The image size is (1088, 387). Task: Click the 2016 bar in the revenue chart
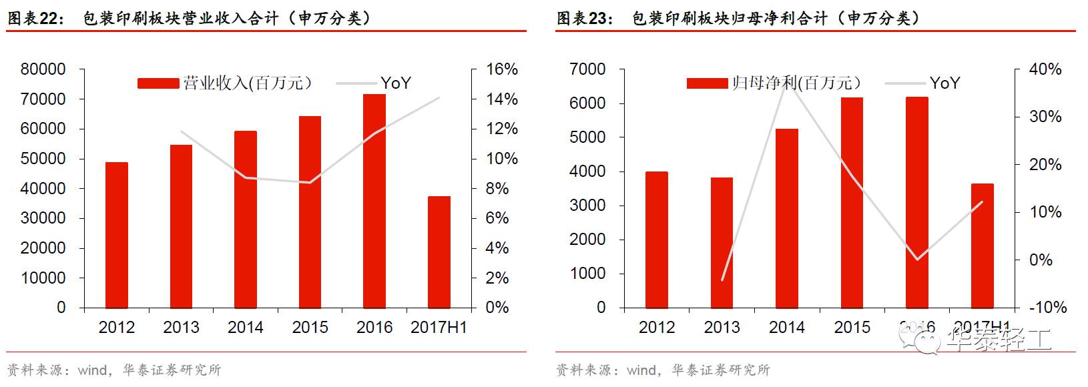(374, 200)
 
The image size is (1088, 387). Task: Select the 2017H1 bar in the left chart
(439, 252)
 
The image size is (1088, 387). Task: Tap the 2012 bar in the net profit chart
(656, 240)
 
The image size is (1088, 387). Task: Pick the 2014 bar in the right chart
(786, 218)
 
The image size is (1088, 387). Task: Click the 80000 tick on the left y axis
(43, 69)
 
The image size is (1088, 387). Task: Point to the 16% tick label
(501, 69)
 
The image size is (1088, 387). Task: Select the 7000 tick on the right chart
(587, 69)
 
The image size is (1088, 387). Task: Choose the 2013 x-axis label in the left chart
(181, 328)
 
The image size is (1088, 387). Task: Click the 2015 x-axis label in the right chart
(852, 328)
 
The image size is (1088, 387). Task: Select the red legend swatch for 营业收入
(158, 83)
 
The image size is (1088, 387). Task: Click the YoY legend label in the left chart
(395, 83)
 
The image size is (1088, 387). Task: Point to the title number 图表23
(584, 18)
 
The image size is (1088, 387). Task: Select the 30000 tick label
(43, 218)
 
